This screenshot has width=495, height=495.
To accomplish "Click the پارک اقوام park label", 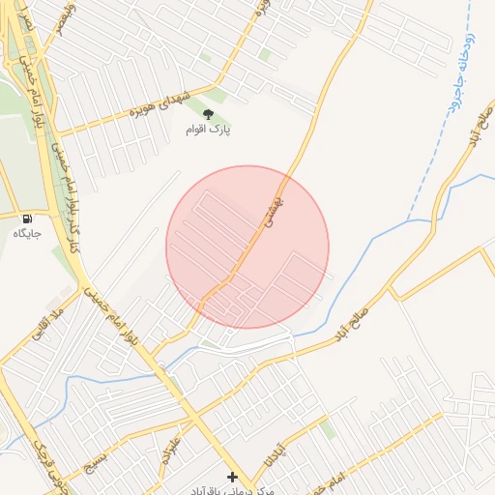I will (x=209, y=130).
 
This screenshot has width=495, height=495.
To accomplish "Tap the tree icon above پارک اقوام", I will (x=208, y=114).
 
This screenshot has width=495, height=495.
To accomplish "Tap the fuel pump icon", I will (x=26, y=218).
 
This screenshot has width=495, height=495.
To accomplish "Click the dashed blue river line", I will (x=425, y=174).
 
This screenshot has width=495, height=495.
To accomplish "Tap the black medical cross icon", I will (x=231, y=477).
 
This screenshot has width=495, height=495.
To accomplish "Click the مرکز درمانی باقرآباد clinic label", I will (x=231, y=490).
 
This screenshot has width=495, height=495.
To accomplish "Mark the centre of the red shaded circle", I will (x=247, y=247).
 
